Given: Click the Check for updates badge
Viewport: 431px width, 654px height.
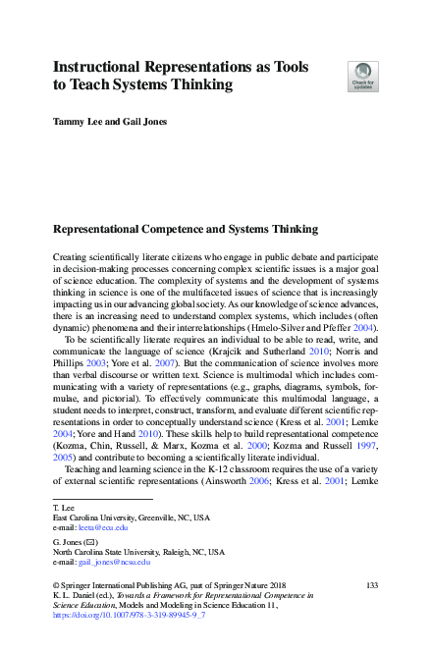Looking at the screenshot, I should tap(363, 77).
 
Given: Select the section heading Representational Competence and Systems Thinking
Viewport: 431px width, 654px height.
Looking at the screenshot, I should tap(185, 230).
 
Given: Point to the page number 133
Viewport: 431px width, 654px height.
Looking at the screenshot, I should tap(371, 584).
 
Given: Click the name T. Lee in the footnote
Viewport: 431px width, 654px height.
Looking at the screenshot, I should tap(62, 506).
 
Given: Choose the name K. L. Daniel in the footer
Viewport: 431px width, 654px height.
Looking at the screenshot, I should tap(76, 594).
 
